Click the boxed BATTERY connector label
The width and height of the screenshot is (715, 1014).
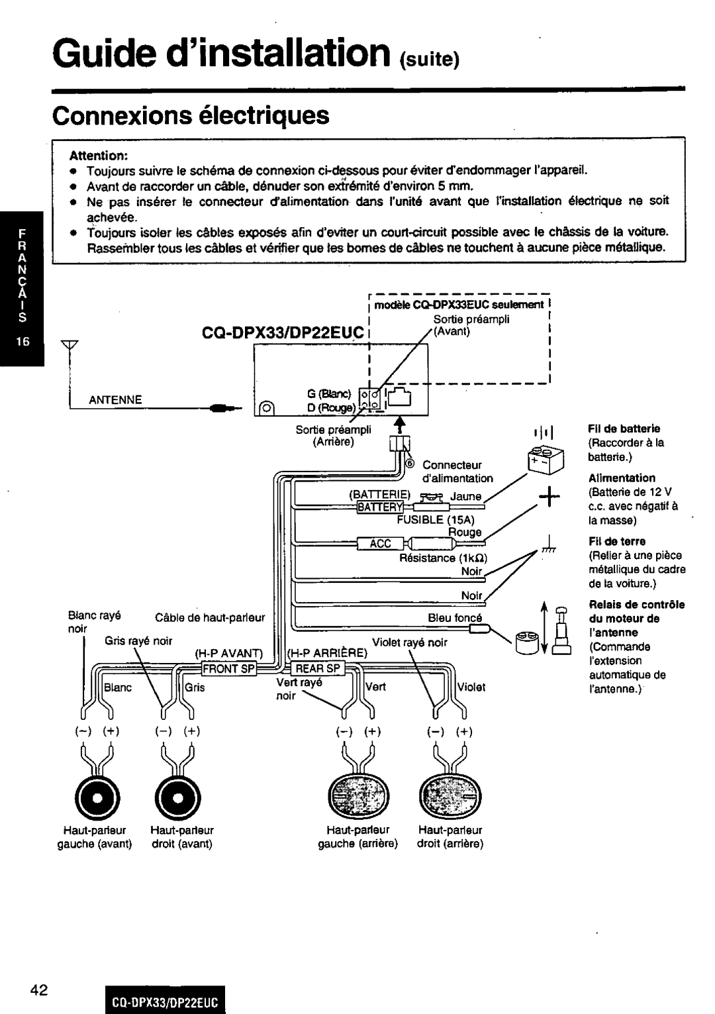[376, 508]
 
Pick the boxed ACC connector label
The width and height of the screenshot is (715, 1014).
[381, 544]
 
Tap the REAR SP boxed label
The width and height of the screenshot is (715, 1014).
[317, 668]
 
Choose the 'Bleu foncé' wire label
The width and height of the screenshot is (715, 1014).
[454, 618]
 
